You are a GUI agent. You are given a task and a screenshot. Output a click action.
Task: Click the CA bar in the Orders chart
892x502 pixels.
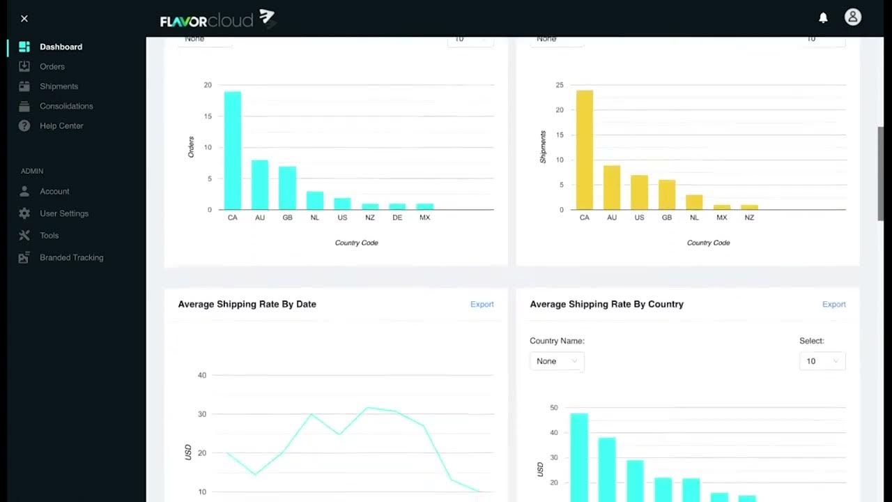(x=232, y=151)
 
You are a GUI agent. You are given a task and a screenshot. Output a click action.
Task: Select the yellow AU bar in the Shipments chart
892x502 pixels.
(x=611, y=188)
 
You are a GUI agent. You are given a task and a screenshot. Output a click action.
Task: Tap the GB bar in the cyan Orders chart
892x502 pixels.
(x=287, y=188)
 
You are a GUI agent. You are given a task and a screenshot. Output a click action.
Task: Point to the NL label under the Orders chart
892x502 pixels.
(x=314, y=218)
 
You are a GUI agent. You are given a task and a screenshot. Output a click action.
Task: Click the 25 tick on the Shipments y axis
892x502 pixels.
(x=559, y=85)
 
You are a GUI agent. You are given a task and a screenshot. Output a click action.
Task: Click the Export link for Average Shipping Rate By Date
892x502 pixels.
(x=482, y=305)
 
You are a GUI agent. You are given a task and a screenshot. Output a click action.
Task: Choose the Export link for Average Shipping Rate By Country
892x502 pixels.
(x=833, y=305)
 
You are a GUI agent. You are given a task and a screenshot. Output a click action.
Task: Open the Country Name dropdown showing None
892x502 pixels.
(x=556, y=361)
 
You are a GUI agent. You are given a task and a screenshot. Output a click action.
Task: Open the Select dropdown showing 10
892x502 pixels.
(x=822, y=361)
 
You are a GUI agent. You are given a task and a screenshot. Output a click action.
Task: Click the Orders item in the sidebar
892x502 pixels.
(x=52, y=67)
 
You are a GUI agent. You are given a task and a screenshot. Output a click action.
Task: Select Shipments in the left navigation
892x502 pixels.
(x=59, y=86)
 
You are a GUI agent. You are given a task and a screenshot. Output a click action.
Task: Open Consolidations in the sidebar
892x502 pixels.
(x=66, y=106)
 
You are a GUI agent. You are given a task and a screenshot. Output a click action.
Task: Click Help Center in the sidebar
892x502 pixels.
(x=61, y=126)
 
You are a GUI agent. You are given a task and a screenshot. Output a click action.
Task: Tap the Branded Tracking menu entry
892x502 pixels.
(x=71, y=258)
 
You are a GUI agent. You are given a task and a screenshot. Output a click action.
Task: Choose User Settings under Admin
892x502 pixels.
(x=63, y=213)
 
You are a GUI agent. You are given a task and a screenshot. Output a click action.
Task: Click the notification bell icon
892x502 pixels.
(x=823, y=18)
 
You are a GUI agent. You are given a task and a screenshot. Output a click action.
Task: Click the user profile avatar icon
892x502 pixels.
(x=852, y=17)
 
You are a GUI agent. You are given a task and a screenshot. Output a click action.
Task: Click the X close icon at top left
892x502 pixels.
(x=24, y=19)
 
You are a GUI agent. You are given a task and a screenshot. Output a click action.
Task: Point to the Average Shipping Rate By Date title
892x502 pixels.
(x=247, y=305)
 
